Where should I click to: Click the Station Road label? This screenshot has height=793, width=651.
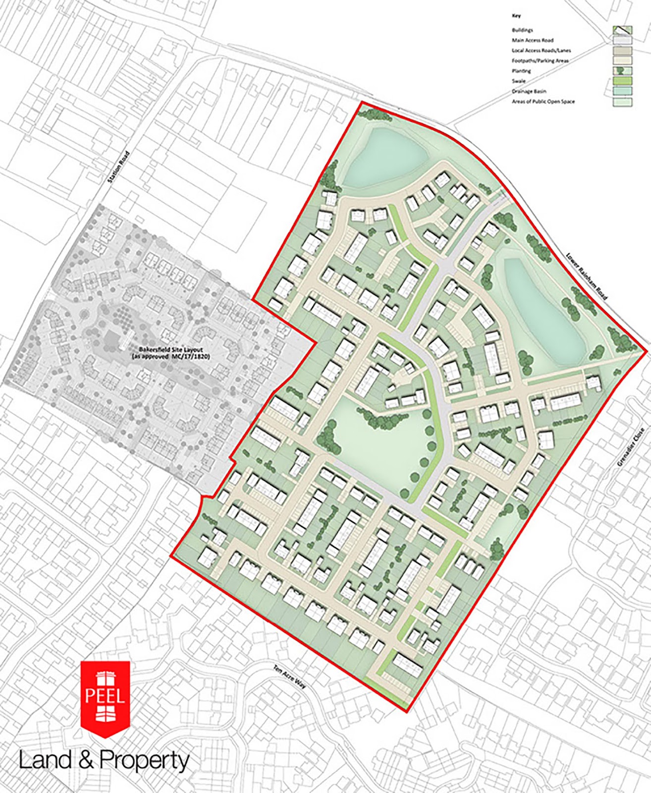pos(119,167)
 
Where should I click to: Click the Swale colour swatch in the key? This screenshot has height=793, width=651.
pos(622,81)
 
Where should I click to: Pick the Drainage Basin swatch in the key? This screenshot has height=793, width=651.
pos(622,92)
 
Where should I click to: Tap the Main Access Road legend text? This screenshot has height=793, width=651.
pos(533,41)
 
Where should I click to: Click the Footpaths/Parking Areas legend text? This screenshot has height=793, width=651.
pos(540,61)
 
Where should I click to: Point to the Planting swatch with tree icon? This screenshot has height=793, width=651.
pos(622,71)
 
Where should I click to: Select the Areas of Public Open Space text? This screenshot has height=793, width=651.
pos(543,102)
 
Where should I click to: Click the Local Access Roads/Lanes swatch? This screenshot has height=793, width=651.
pos(622,51)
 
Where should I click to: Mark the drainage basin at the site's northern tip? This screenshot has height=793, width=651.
pos(384,157)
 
